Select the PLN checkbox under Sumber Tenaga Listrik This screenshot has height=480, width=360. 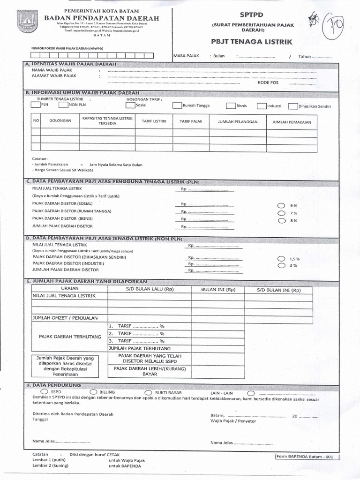coord(36,105)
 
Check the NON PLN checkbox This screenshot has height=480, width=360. coord(63,105)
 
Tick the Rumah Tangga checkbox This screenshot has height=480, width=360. coord(177,105)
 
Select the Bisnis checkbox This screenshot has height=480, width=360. coord(231,105)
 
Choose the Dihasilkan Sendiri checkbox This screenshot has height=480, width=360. coord(292,106)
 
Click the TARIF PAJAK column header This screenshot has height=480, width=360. coord(191,121)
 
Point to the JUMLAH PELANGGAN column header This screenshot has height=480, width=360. coord(238,121)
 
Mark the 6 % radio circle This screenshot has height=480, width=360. coord(280,206)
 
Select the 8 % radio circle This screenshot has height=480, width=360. coord(280,220)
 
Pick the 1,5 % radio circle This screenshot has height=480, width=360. coord(280,258)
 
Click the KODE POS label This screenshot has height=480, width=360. coord(268,82)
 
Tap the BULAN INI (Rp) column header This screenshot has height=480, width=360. coord(218,290)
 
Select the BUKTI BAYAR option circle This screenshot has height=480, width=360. coord(148,392)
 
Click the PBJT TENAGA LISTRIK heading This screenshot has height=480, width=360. coord(252,42)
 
